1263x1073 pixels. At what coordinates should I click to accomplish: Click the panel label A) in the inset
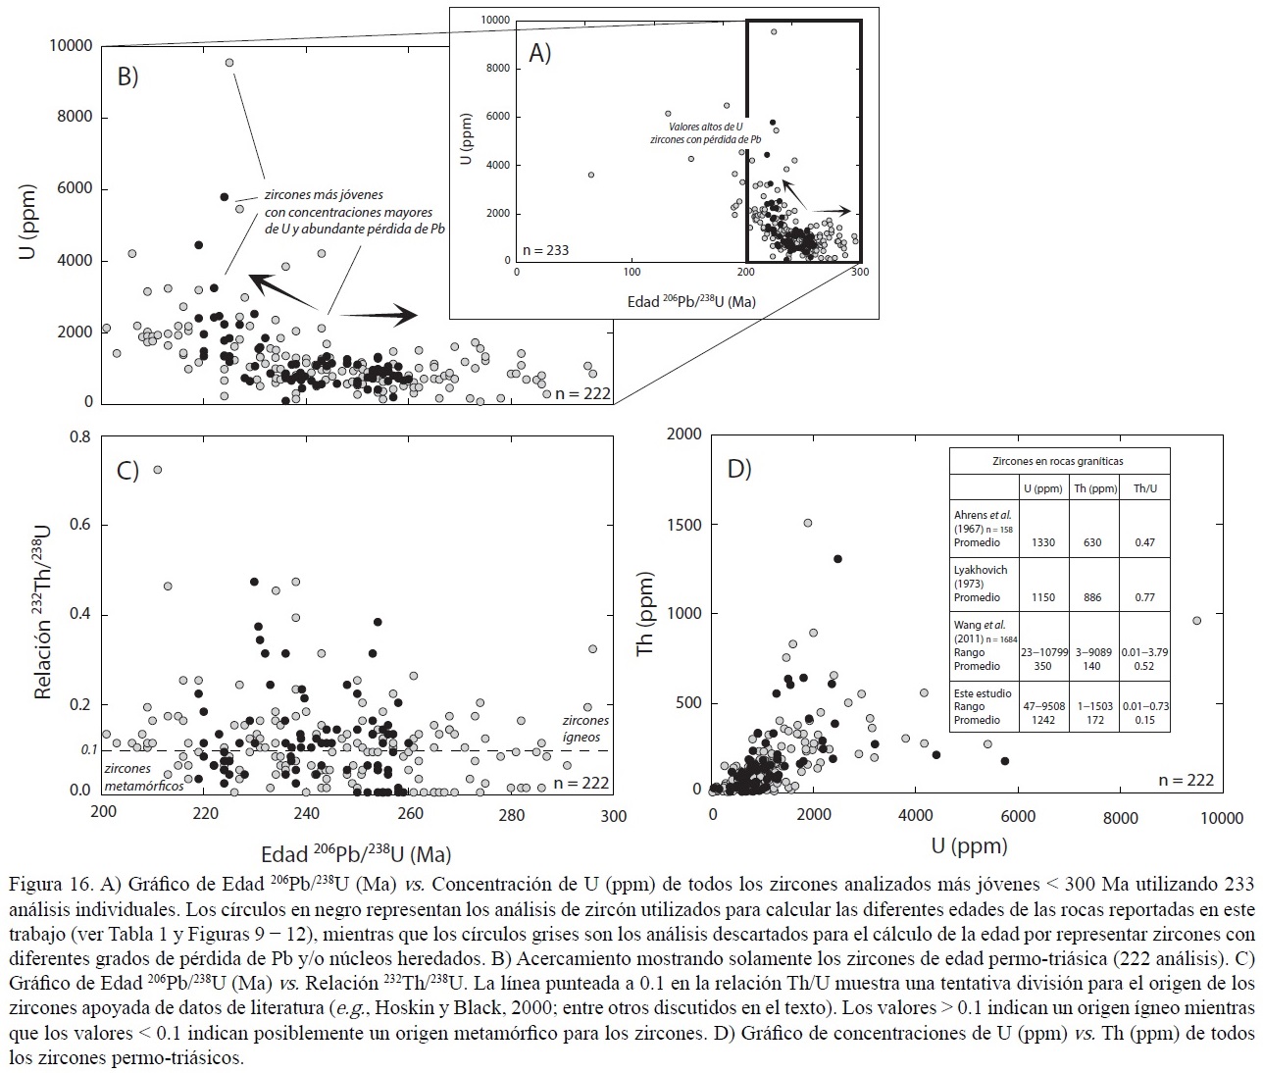[540, 53]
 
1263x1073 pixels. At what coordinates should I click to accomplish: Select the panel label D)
[738, 469]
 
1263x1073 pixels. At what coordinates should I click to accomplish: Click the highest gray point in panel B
[229, 63]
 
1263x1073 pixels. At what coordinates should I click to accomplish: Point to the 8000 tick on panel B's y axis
[75, 117]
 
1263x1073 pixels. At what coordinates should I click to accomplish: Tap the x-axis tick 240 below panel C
[307, 814]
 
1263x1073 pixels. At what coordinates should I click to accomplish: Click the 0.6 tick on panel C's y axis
[78, 525]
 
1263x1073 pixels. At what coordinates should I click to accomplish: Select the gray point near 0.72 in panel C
[157, 470]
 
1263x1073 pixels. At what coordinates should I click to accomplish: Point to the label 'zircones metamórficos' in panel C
[143, 777]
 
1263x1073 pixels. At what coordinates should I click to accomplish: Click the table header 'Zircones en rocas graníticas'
[1059, 461]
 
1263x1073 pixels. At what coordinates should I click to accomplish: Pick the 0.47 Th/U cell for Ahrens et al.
[1143, 542]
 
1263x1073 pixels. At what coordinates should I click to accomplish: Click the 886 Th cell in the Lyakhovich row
[1094, 597]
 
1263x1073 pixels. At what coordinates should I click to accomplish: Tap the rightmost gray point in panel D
[1196, 621]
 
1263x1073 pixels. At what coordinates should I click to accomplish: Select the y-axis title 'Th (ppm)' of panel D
[645, 614]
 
